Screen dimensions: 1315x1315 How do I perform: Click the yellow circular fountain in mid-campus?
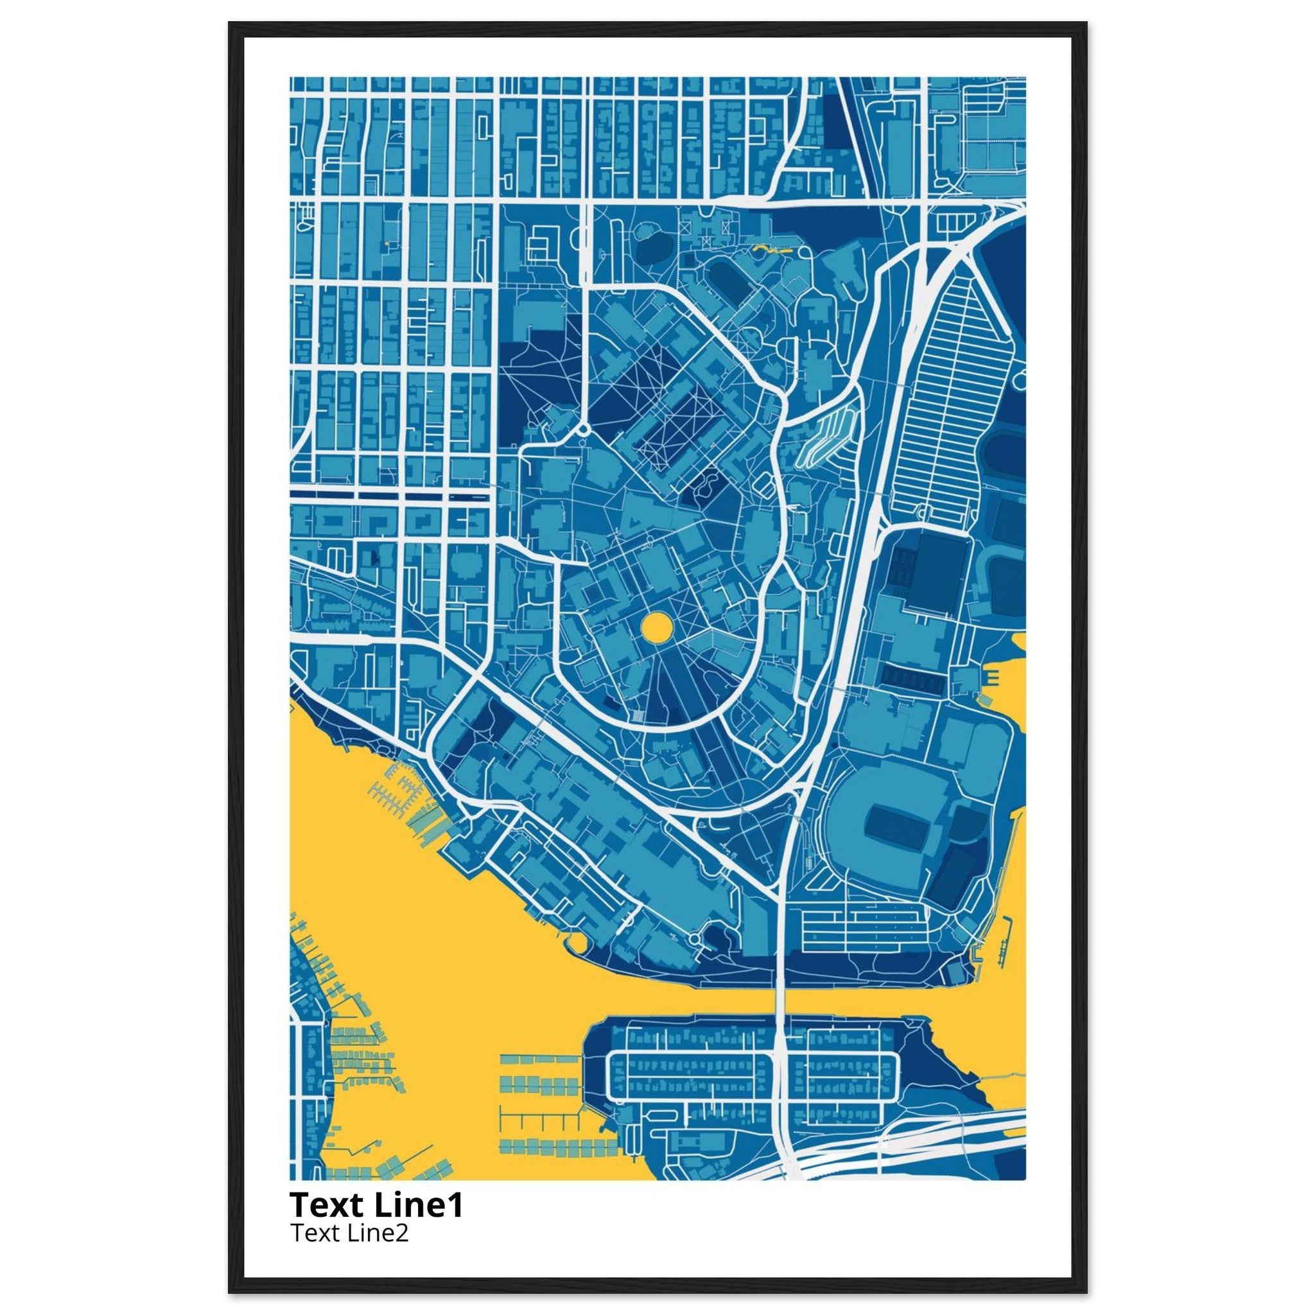coord(657,627)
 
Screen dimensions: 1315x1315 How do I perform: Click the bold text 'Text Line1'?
coord(376,1205)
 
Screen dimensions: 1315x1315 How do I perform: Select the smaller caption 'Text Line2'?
coord(349,1233)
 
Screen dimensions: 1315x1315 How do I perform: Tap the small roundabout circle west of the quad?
coord(583,430)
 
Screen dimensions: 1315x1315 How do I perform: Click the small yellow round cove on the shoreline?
coord(575,943)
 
